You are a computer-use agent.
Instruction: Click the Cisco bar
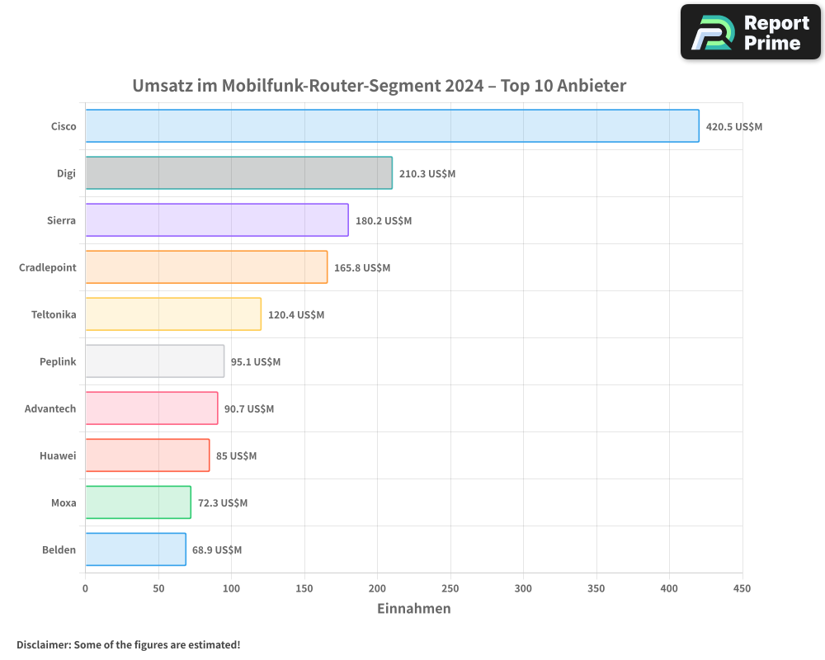coord(392,126)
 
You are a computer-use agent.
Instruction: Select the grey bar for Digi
coord(238,173)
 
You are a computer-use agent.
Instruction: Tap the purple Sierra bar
coord(216,220)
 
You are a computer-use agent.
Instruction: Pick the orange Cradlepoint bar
coord(206,267)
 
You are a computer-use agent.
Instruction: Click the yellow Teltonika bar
coord(173,314)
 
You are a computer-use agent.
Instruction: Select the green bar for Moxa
coord(138,502)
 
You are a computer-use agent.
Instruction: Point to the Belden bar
coord(135,549)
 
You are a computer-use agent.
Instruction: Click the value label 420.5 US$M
coord(734,127)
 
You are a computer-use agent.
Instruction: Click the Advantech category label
coord(50,408)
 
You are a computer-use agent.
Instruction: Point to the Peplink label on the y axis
coord(58,361)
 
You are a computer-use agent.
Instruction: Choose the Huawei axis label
coord(58,455)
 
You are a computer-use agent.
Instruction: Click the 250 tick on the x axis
coord(450,589)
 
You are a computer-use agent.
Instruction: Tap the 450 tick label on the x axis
coord(742,589)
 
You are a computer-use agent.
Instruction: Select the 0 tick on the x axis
coord(85,589)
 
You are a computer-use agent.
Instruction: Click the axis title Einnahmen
coord(413,609)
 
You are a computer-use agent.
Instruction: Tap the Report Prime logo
coord(750,32)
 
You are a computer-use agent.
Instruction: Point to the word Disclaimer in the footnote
coord(43,644)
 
